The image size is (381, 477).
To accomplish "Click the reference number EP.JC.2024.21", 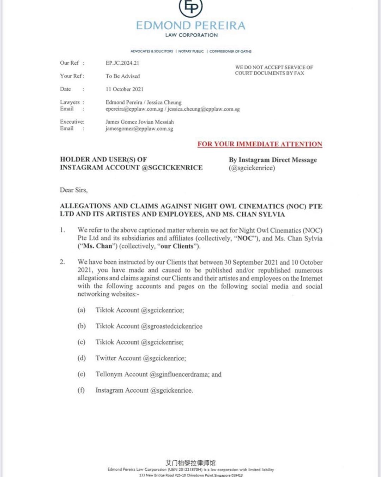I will point(122,63).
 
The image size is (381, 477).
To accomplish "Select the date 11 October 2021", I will point(125,89).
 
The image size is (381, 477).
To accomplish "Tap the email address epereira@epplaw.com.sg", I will point(134,109).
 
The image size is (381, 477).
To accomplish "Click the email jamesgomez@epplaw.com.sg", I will point(139,129).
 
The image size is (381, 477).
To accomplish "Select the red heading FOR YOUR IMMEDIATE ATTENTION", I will point(260,144).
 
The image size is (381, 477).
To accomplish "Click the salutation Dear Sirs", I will point(74,190).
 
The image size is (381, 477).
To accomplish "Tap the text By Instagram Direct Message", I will point(273,160).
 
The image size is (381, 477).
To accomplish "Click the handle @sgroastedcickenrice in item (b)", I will point(171,326).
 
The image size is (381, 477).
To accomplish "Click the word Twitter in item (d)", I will point(106,358).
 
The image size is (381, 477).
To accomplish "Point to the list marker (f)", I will point(81,390).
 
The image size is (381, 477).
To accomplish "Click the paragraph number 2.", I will point(62,262).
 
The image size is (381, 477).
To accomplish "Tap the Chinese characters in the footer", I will point(190,463).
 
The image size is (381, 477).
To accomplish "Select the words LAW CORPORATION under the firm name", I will point(192,35).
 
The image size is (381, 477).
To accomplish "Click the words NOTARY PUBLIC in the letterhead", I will point(191,51).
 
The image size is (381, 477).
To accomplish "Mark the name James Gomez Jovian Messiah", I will point(140,122).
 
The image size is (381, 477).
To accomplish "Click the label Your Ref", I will point(72,76).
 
